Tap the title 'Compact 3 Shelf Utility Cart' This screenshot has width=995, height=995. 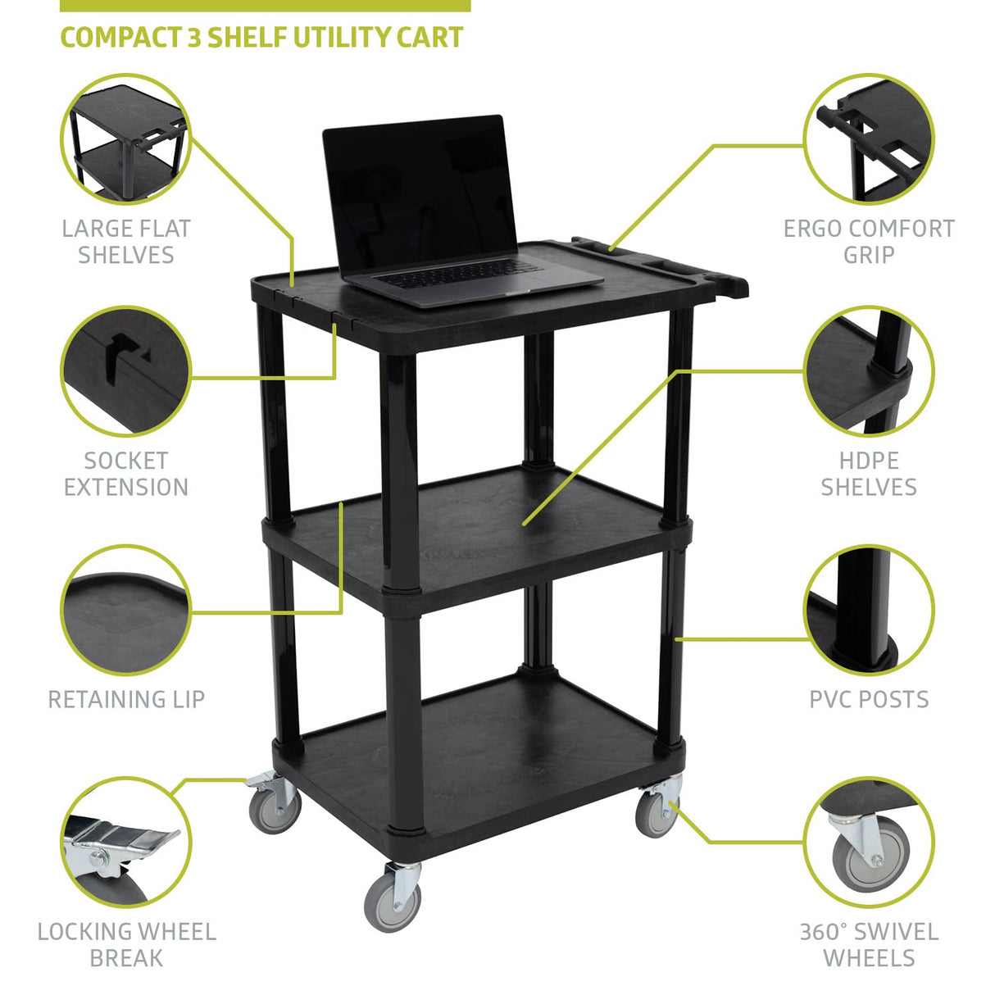click(261, 38)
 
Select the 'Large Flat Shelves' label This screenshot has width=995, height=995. click(126, 242)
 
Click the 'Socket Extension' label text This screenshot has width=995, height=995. click(126, 474)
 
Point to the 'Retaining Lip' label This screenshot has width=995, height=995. click(126, 699)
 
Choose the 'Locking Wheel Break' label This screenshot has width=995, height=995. click(126, 944)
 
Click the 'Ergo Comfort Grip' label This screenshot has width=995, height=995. click(869, 242)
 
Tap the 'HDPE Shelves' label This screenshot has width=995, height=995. click(869, 474)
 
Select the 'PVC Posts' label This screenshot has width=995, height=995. click(869, 699)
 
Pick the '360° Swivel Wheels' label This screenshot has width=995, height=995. click(869, 944)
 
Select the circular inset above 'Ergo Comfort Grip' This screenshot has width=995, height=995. click(869, 139)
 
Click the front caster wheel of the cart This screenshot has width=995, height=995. click(392, 901)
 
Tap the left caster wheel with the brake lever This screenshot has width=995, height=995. click(275, 806)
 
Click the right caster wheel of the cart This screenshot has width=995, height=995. click(657, 813)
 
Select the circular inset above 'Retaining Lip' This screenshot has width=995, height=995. click(126, 611)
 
